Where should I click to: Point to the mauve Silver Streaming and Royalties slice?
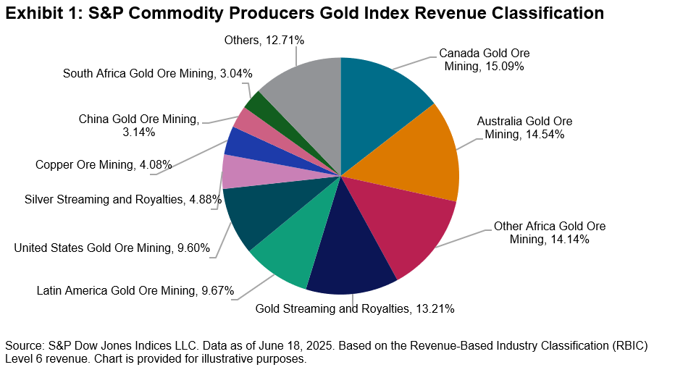(238, 172)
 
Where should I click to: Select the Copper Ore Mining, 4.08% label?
(104, 165)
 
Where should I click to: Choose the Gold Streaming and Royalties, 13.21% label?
(355, 309)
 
